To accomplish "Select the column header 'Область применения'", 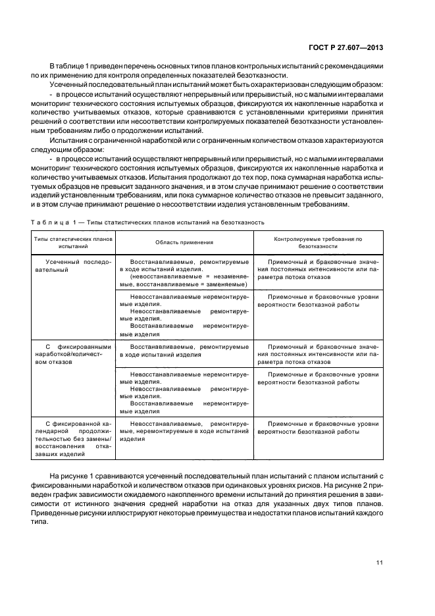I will pyautogui.click(x=184, y=242).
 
